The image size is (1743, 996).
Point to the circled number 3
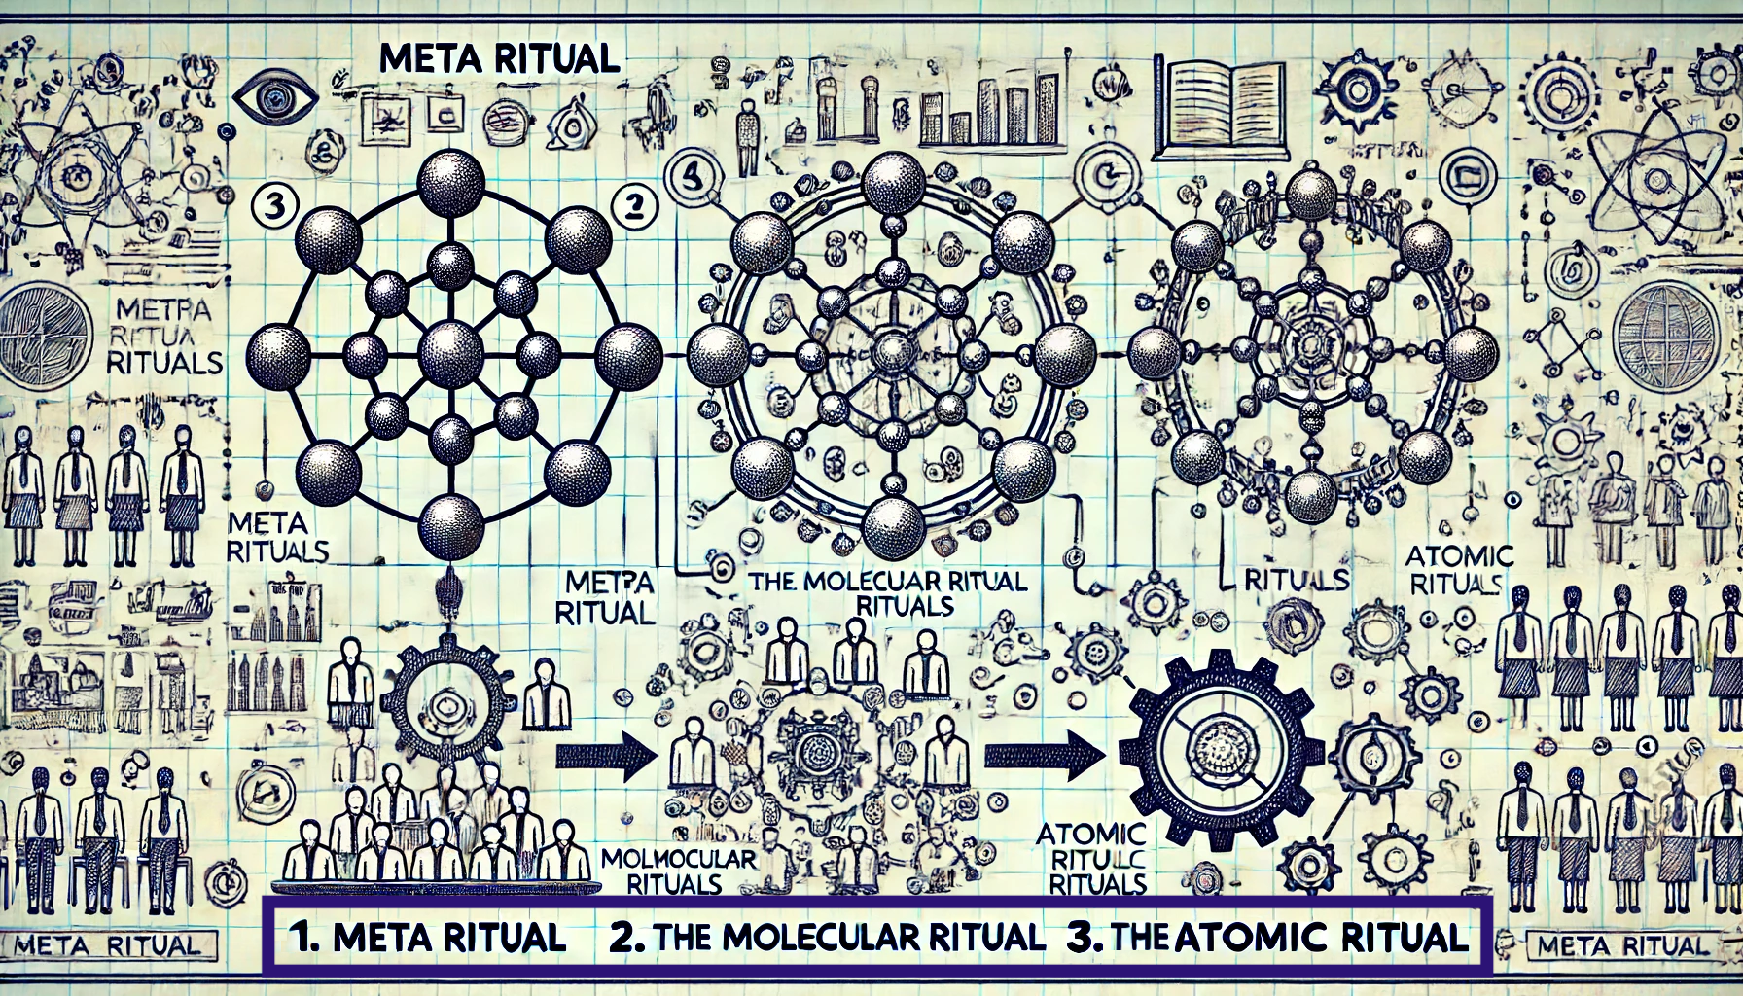tap(267, 206)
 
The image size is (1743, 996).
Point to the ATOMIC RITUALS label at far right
tap(1447, 570)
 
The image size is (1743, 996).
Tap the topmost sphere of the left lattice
tap(450, 181)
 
